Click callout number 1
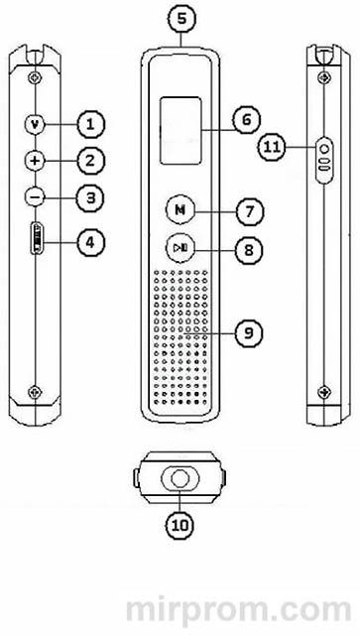tap(89, 124)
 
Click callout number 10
tap(180, 523)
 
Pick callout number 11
tap(275, 147)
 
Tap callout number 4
tap(89, 240)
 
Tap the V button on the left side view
tap(36, 124)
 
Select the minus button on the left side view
tap(36, 196)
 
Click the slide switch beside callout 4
tap(37, 240)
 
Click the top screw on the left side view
tap(36, 77)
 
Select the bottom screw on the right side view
tap(324, 391)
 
